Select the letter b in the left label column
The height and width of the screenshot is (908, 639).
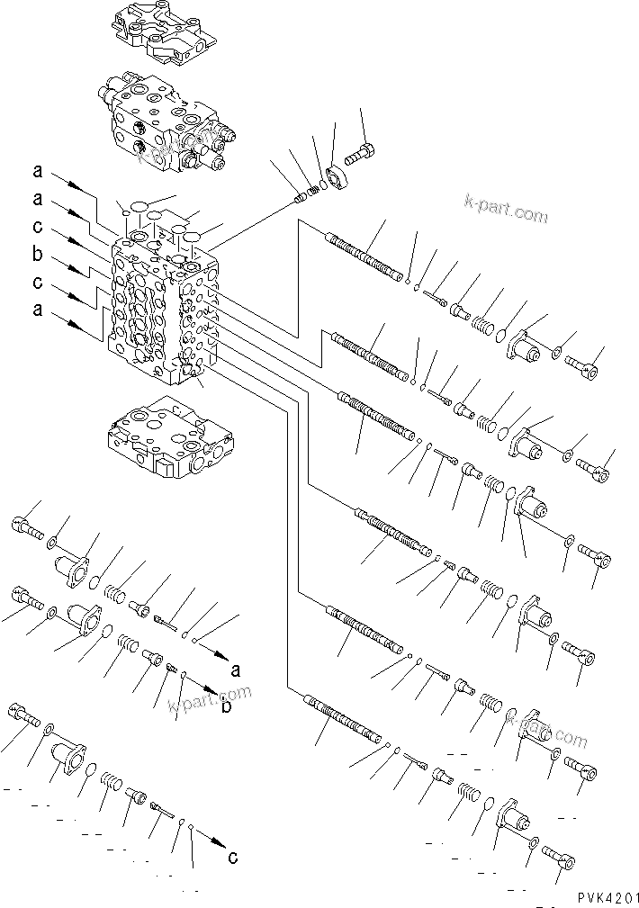[x=37, y=255]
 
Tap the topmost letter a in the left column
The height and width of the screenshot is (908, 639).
[x=37, y=170]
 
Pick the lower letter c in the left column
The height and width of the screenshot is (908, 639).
[x=37, y=284]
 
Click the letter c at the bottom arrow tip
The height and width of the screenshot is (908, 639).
[x=233, y=857]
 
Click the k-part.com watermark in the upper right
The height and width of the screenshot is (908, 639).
[x=506, y=214]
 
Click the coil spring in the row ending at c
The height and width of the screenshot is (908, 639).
[x=111, y=780]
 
